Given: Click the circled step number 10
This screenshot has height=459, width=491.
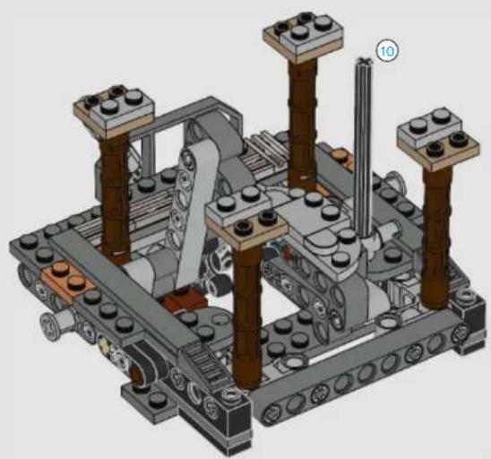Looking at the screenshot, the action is point(387,50).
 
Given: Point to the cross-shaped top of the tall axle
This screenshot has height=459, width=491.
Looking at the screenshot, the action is point(364,61).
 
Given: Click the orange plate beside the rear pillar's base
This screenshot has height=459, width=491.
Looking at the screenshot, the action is point(342,157).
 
